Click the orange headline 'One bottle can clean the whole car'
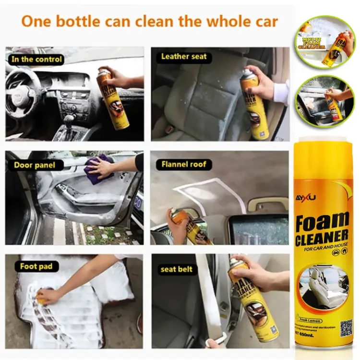coord(150,22)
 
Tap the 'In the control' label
coord(36,60)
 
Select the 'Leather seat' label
coord(184,57)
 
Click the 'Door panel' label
coord(35,165)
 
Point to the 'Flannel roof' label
coord(184,165)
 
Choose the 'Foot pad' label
coord(36,266)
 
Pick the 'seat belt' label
coord(177,269)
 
